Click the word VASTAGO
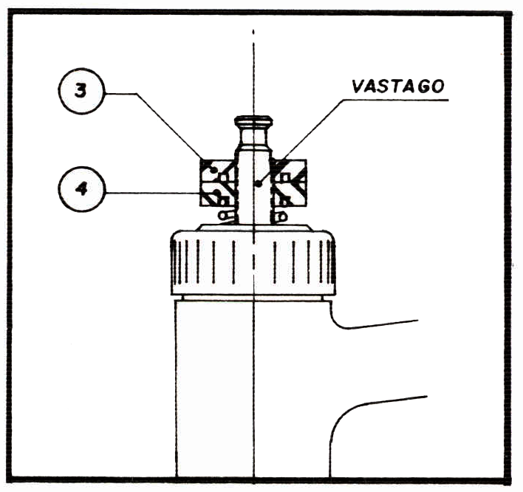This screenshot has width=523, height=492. pyautogui.click(x=398, y=86)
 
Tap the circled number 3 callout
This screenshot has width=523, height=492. pyautogui.click(x=81, y=93)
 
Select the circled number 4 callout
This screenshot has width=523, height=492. pyautogui.click(x=81, y=188)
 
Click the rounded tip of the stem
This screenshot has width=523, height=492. pyautogui.click(x=253, y=121)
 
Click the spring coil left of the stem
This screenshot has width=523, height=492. pyautogui.click(x=226, y=215)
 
